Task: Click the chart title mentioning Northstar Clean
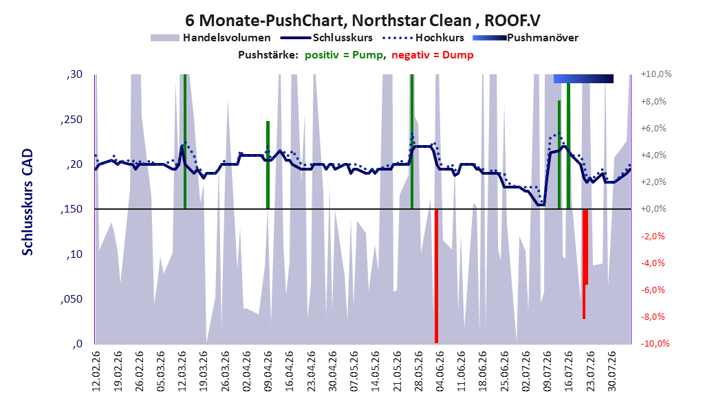(x=362, y=21)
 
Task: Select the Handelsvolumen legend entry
(x=211, y=38)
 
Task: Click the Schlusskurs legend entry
(x=327, y=38)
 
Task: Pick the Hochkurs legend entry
(x=423, y=38)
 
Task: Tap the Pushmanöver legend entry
(x=526, y=38)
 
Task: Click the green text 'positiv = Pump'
(x=344, y=55)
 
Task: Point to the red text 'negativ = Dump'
(x=433, y=55)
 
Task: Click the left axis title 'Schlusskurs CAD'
(x=28, y=202)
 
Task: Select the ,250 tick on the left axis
(x=72, y=120)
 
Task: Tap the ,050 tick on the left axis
(x=72, y=299)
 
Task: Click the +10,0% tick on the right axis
(x=656, y=74)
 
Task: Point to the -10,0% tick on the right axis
(x=655, y=343)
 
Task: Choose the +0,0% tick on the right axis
(x=653, y=209)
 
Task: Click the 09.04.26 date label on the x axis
(x=268, y=371)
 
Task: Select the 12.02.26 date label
(x=96, y=371)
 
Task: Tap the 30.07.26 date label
(x=612, y=371)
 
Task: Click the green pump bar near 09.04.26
(x=268, y=165)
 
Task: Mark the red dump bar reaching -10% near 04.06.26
(x=436, y=276)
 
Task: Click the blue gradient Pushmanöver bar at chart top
(x=583, y=78)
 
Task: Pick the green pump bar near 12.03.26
(x=185, y=142)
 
